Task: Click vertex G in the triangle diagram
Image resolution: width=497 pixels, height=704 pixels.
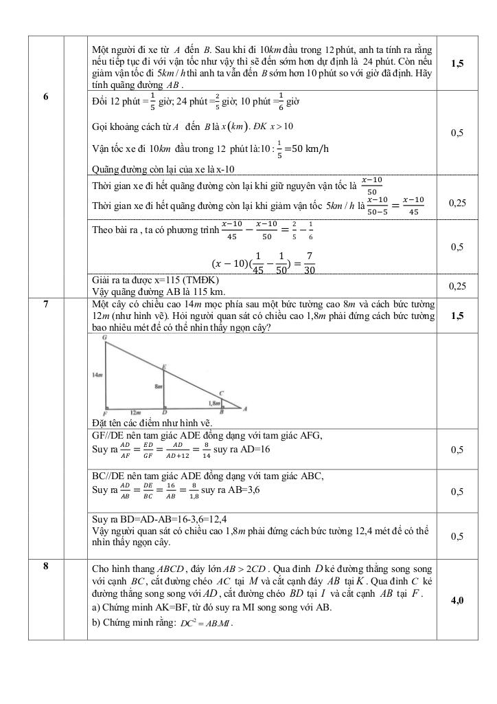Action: tap(104, 338)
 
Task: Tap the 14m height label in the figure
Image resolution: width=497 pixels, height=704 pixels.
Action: tap(97, 375)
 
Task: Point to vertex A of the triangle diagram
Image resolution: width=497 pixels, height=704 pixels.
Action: tap(245, 408)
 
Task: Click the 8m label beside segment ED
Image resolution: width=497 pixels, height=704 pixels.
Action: tap(159, 387)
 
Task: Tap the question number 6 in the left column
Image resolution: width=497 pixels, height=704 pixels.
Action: tap(45, 96)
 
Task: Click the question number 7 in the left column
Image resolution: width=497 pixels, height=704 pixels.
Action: tap(45, 303)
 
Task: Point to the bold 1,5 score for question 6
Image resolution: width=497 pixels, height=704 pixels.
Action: tap(456, 63)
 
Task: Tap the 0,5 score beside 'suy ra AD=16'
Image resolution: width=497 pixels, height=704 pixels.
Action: tap(456, 450)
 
